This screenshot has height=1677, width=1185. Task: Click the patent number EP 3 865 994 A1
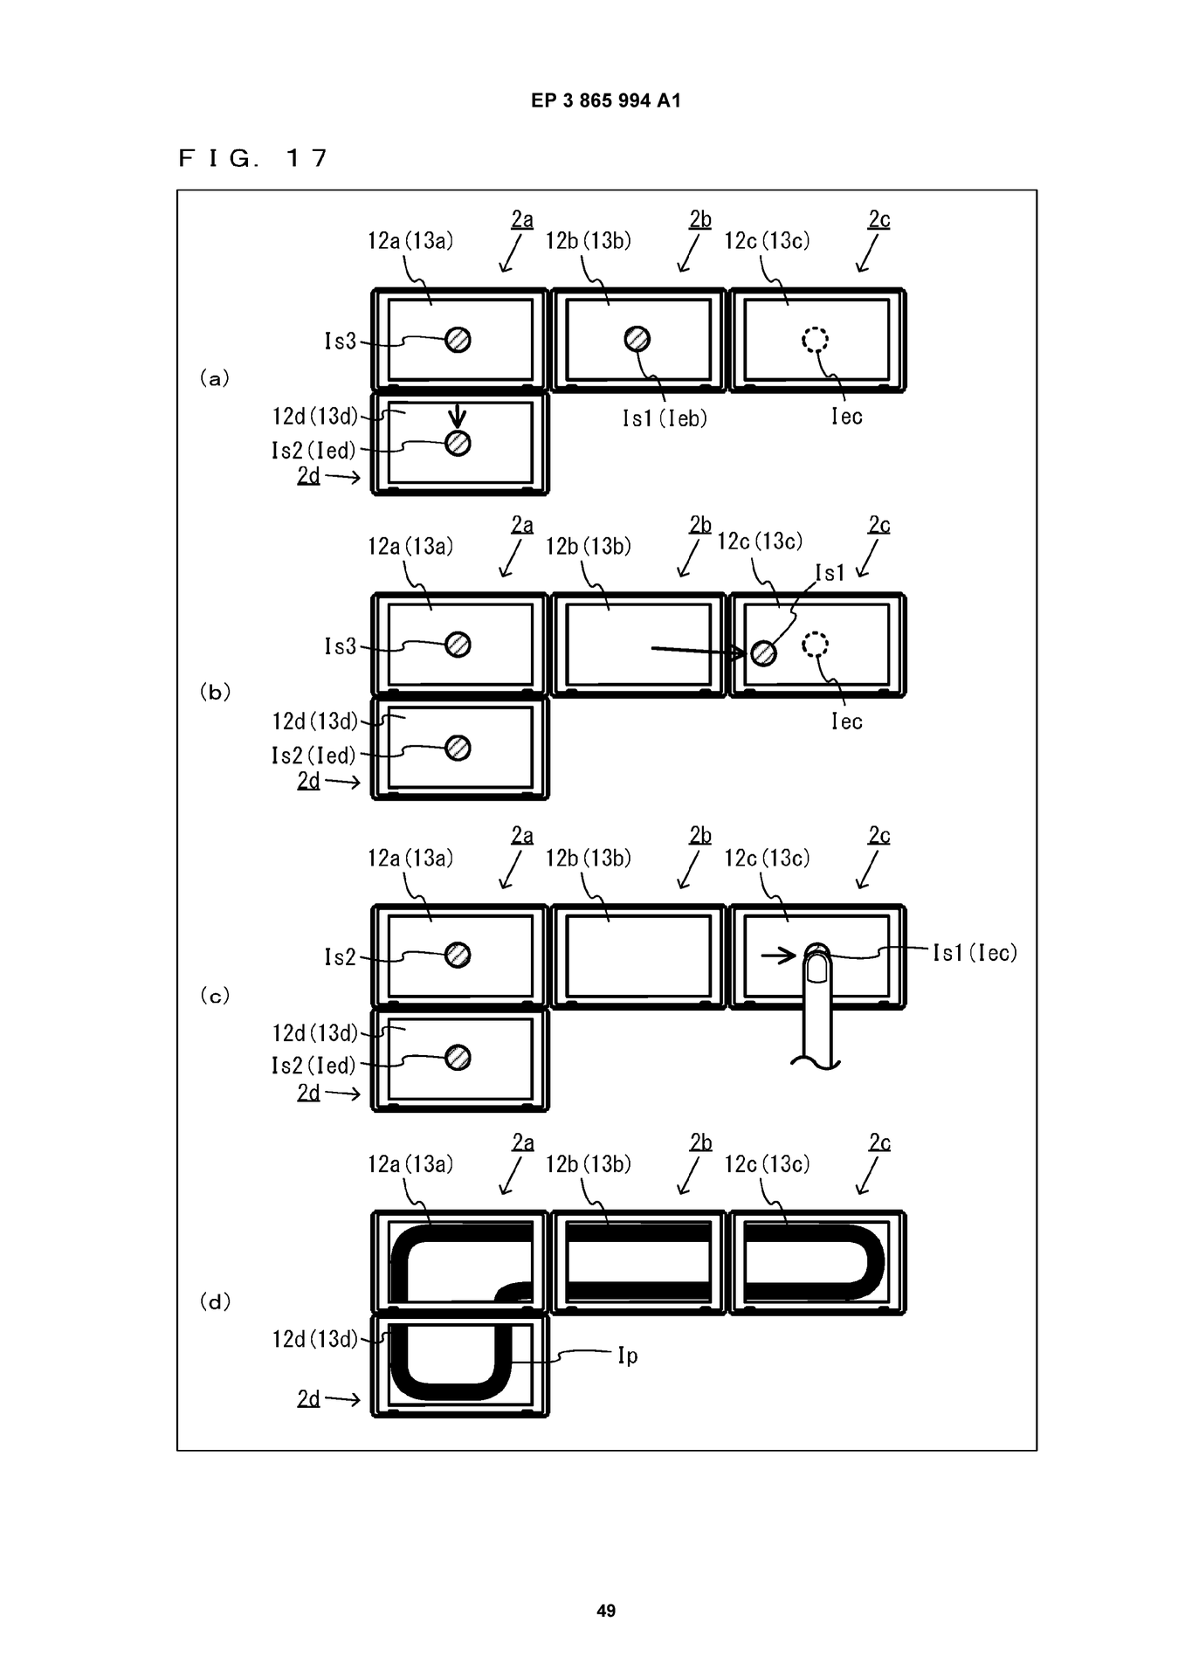click(x=606, y=100)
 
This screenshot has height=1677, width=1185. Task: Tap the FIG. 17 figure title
click(x=253, y=158)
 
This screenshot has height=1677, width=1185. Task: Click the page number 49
click(x=606, y=1611)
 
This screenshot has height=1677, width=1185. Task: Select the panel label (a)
click(x=215, y=378)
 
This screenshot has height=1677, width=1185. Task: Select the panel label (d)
click(x=215, y=1301)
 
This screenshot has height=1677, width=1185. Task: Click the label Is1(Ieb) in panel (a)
click(x=665, y=418)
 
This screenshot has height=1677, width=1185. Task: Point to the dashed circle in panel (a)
click(x=816, y=339)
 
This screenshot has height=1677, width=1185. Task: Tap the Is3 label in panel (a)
click(x=341, y=341)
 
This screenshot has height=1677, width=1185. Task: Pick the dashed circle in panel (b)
click(x=816, y=645)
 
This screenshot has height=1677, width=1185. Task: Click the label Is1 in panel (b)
click(x=830, y=572)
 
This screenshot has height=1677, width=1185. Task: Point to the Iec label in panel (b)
click(x=847, y=721)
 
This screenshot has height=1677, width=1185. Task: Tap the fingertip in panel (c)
click(x=817, y=966)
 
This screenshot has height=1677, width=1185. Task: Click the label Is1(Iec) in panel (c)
click(x=975, y=952)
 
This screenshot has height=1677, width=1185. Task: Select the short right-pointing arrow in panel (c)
click(x=779, y=956)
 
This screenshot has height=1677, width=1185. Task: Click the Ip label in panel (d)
click(x=628, y=1356)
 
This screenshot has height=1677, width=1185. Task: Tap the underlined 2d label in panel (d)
click(x=308, y=1398)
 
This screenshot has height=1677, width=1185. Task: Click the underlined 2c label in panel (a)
click(x=879, y=219)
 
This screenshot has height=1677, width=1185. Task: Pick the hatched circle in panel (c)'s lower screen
click(x=458, y=1058)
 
